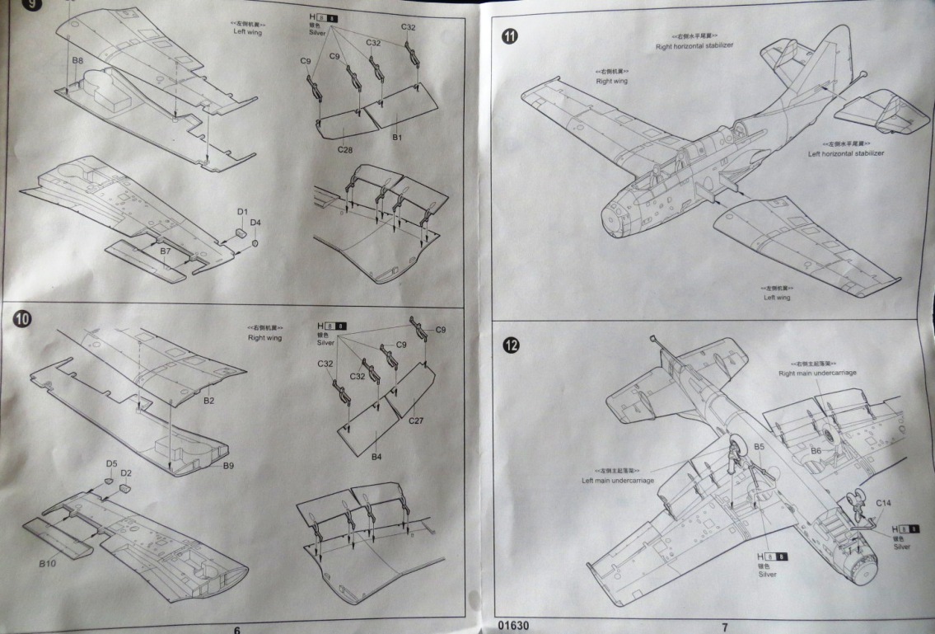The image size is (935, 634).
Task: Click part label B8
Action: click(77, 62)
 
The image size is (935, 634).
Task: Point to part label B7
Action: click(165, 250)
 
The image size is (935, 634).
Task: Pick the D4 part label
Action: click(255, 223)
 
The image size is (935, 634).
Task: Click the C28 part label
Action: click(345, 149)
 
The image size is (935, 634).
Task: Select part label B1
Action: click(396, 137)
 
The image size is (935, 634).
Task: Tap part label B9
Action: click(229, 465)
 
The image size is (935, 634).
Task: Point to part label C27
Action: click(418, 420)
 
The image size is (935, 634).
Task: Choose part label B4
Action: click(376, 456)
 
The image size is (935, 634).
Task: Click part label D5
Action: click(111, 463)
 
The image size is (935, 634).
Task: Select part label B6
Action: click(816, 451)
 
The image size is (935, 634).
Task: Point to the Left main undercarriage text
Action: click(622, 479)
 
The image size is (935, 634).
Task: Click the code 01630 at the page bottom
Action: click(515, 624)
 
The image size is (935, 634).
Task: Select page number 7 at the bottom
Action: click(725, 627)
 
